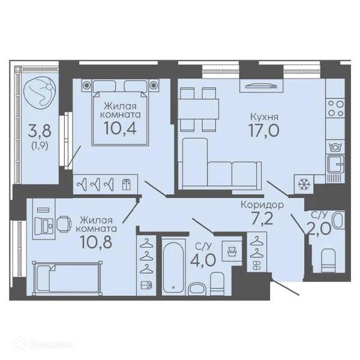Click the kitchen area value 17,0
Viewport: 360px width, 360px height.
[x=264, y=130]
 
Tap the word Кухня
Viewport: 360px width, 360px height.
[x=264, y=116]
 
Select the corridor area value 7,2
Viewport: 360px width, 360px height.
[x=262, y=218]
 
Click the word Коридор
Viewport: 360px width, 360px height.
[x=262, y=205]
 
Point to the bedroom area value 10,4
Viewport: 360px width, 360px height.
[x=120, y=128]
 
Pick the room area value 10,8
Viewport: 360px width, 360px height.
[x=96, y=242]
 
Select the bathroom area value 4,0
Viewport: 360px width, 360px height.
[x=203, y=260]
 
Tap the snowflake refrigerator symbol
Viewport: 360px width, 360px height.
[x=304, y=184]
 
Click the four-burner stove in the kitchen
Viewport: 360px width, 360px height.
[x=335, y=109]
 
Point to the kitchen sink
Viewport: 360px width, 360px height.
[x=335, y=164]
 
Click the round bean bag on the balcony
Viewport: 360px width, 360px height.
[x=39, y=93]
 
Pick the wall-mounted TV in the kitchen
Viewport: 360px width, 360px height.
[x=261, y=86]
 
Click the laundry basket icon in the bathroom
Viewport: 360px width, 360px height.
[x=232, y=251]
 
